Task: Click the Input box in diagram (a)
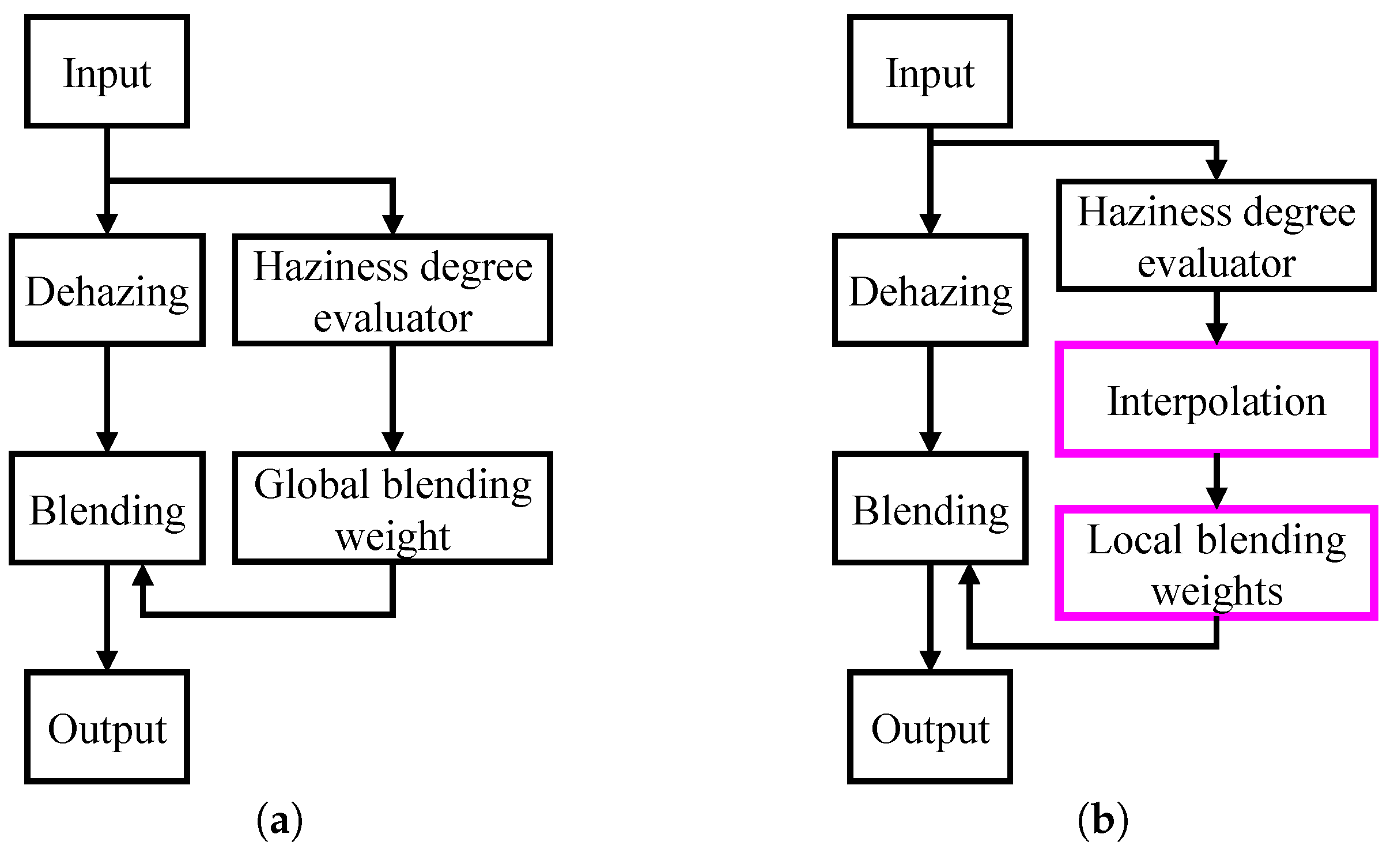(107, 71)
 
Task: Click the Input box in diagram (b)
(930, 71)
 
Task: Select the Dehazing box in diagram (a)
(107, 290)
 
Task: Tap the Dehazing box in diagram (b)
(930, 290)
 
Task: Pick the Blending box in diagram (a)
(107, 508)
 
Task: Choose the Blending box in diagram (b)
(930, 508)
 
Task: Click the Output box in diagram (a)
(107, 727)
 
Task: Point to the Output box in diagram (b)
(930, 727)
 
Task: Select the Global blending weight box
(392, 508)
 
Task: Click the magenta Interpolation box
(1216, 399)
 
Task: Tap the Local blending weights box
(1216, 563)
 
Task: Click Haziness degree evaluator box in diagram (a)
(392, 290)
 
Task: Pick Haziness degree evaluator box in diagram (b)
(1216, 236)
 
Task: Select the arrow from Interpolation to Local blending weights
(1216, 480)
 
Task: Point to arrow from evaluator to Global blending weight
(392, 398)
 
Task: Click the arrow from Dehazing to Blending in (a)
(107, 398)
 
